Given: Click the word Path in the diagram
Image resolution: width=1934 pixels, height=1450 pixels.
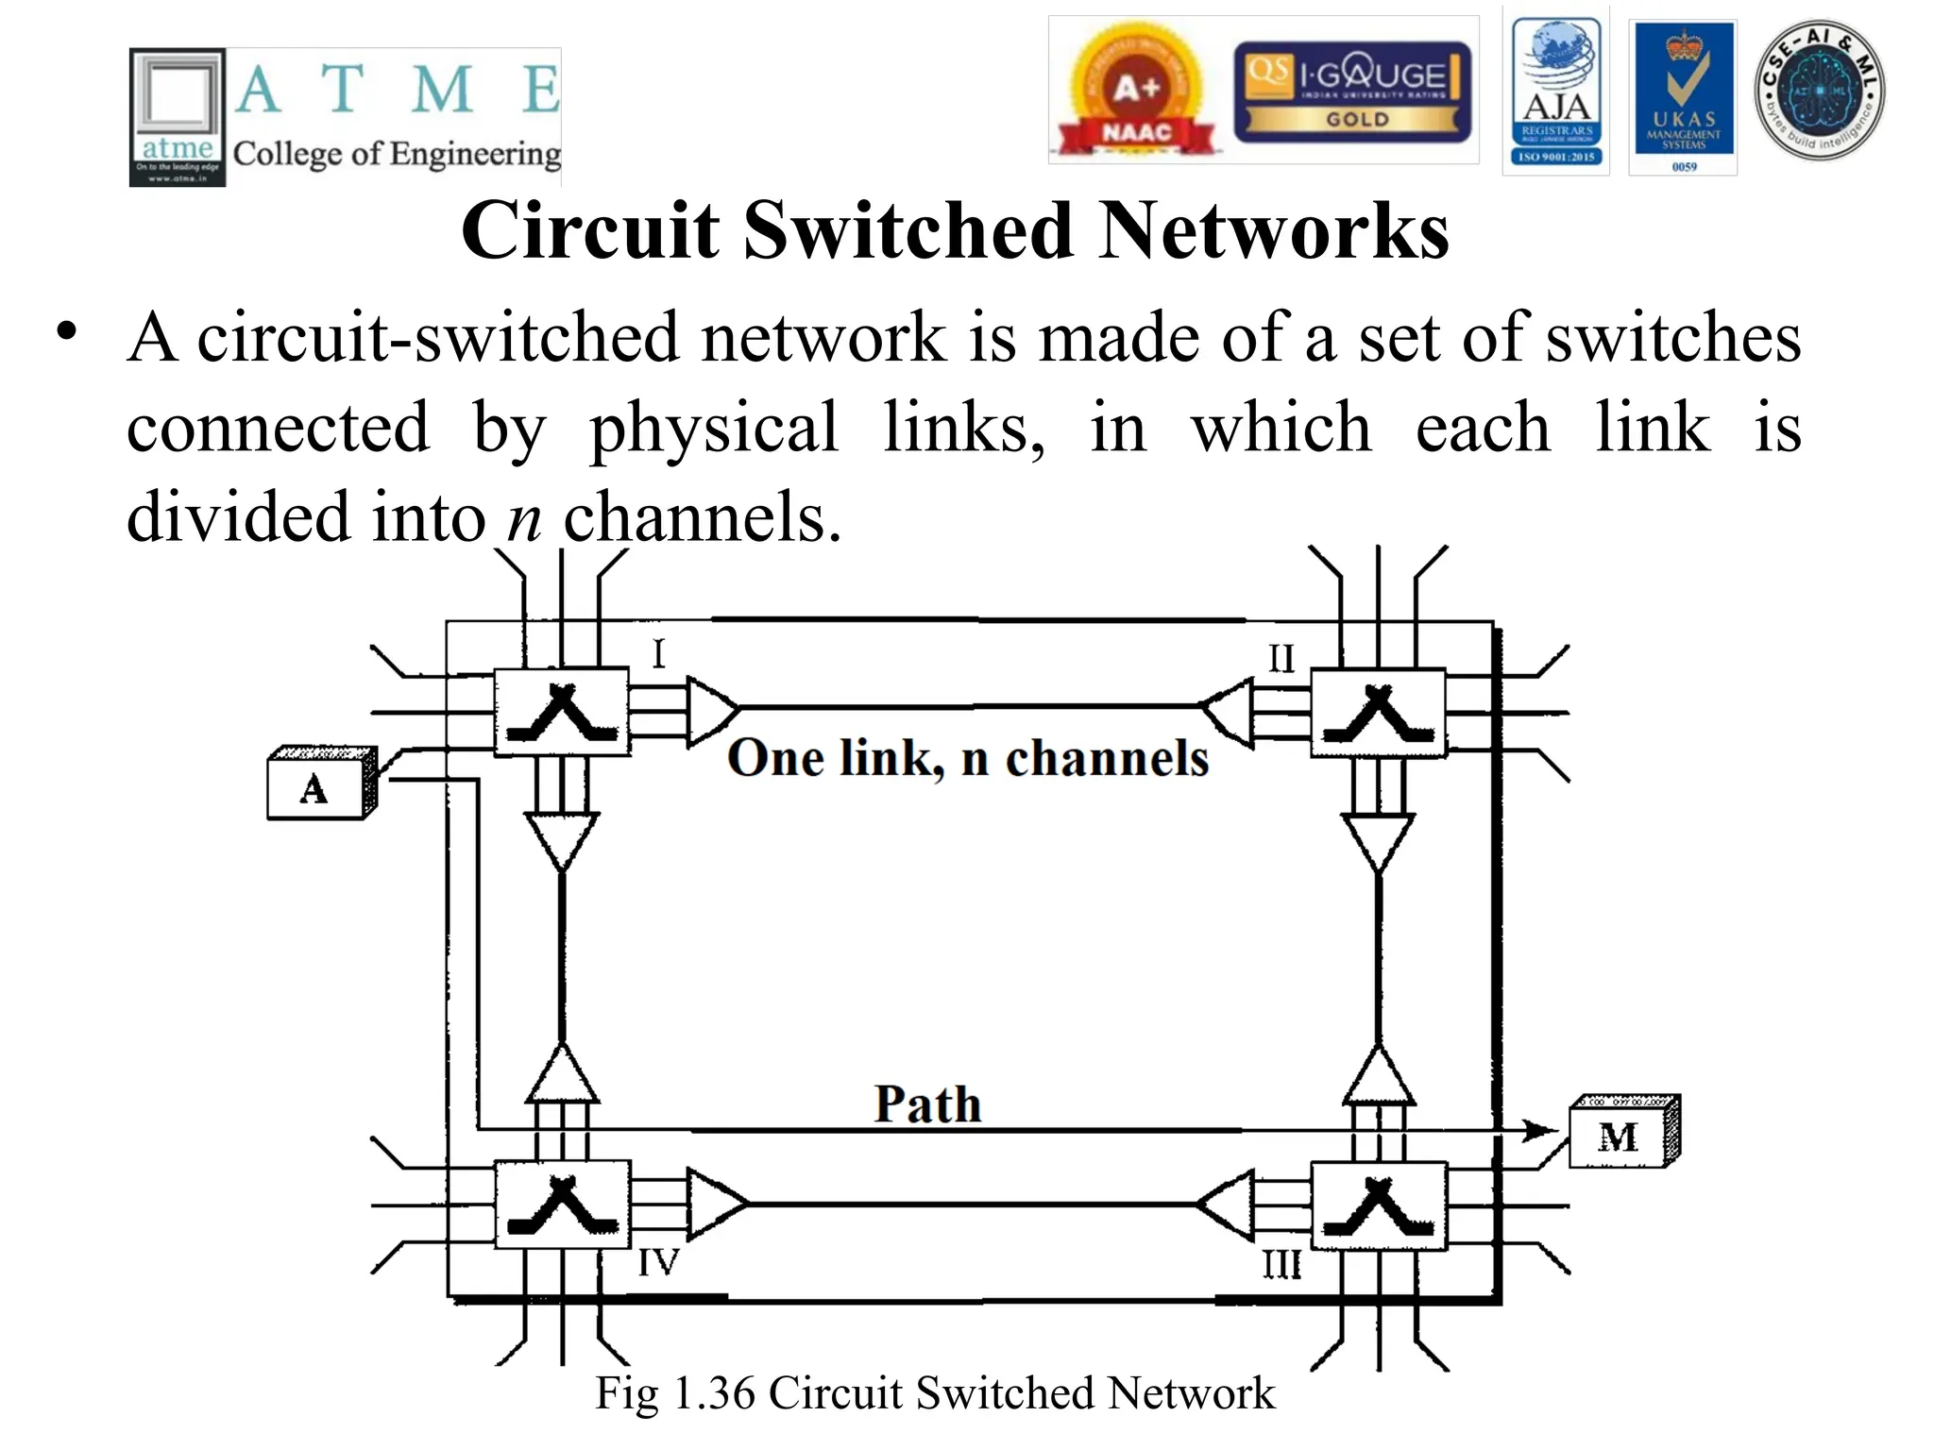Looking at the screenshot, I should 927,1104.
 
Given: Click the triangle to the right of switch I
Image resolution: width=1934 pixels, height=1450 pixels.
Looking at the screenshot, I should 711,710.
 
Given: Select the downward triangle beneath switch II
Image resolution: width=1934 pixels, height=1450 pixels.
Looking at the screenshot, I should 1378,840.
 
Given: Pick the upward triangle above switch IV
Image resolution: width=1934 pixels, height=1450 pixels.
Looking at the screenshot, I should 562,1074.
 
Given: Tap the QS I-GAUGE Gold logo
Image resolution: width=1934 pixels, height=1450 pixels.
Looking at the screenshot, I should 1351,92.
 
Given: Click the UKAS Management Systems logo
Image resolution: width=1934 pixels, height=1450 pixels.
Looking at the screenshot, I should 1684,97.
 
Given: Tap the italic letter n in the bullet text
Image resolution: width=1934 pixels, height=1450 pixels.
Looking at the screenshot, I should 524,518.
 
